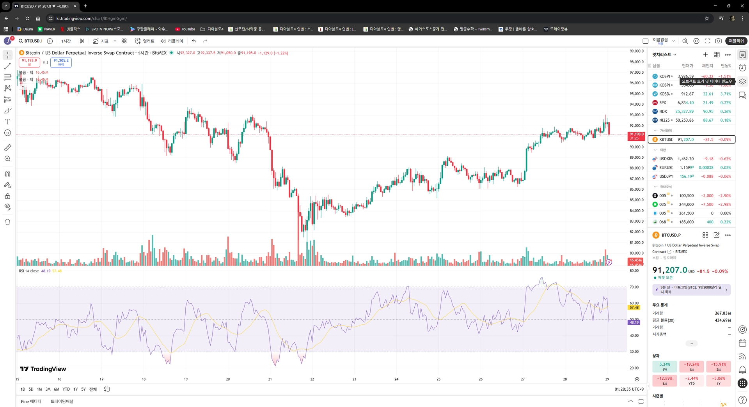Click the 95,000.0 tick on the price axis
(x=636, y=94)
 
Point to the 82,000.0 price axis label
(x=636, y=232)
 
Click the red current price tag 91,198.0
(x=636, y=136)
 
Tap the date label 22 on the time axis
(x=312, y=379)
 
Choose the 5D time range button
(x=31, y=389)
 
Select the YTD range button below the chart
(x=66, y=389)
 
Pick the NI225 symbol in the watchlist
(x=664, y=120)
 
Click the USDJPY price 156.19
(x=686, y=177)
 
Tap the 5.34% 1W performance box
(x=664, y=366)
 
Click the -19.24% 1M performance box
(x=691, y=366)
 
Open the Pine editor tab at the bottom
(x=31, y=402)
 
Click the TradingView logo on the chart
(x=43, y=369)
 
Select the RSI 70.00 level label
(x=634, y=287)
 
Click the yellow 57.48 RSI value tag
(x=634, y=308)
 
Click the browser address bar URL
(x=92, y=18)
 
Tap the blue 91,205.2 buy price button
(x=61, y=62)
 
